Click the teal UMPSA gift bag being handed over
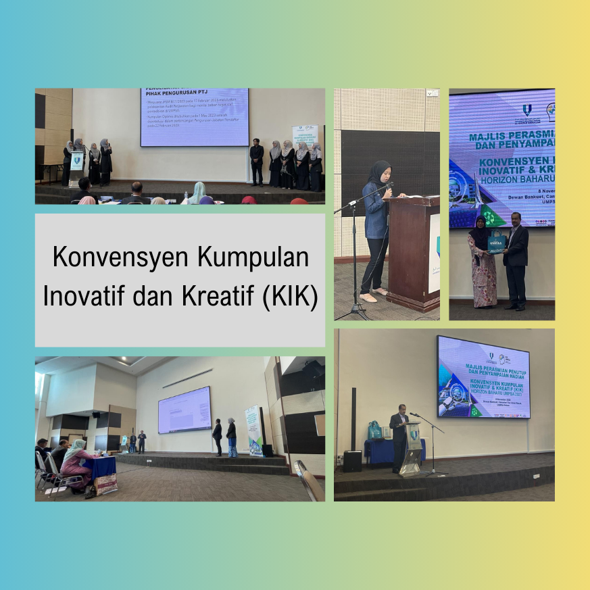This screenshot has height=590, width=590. coord(497,242)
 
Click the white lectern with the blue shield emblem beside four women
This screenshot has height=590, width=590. coord(76,169)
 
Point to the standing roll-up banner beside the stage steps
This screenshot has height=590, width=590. coord(254,431)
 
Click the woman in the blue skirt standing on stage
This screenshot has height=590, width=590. coord(231,437)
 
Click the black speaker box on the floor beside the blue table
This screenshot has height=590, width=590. coord(353,461)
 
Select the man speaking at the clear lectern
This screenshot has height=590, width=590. coord(399,439)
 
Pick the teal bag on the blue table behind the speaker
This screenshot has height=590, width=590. coord(374,430)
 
